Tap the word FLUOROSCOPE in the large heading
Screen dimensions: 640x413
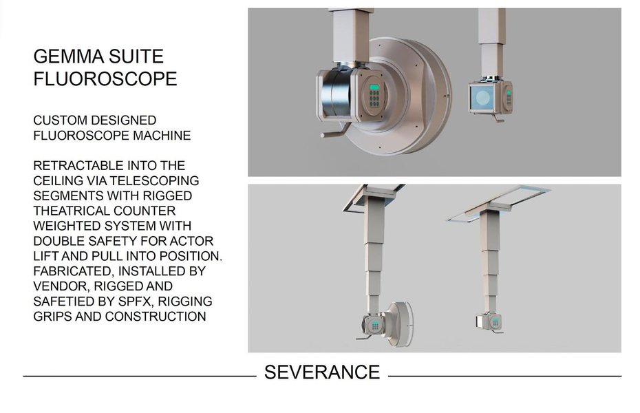click(x=105, y=78)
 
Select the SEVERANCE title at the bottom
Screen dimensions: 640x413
click(x=322, y=372)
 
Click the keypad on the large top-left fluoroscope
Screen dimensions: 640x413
click(x=374, y=96)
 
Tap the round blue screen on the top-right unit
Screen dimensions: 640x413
click(x=482, y=98)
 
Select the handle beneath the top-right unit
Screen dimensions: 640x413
click(x=498, y=118)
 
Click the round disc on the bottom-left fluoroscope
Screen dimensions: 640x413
click(x=400, y=324)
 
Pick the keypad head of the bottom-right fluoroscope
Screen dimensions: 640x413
click(x=490, y=322)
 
